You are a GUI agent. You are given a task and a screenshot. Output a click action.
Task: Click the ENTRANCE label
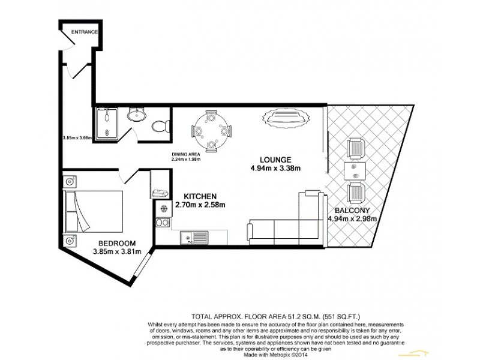pos(84,32)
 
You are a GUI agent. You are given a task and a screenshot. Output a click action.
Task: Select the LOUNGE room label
pos(275,160)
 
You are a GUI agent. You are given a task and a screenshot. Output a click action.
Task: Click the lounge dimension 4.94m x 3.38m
pos(275,168)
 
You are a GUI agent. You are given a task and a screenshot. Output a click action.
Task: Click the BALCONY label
pos(352,210)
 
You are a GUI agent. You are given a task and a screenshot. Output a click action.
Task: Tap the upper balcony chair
pos(356,148)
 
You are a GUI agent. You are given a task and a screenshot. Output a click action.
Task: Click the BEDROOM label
pos(117,243)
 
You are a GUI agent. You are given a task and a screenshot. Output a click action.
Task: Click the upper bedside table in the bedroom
pos(71,181)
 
